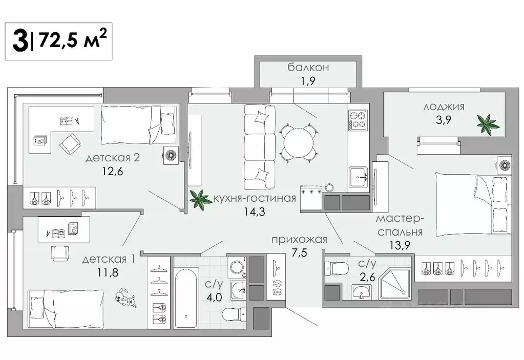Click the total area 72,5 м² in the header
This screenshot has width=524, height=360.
coord(72,40)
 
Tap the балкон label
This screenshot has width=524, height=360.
coord(308,67)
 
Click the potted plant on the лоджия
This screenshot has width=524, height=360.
coord(487,124)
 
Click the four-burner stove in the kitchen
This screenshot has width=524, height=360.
coord(358,120)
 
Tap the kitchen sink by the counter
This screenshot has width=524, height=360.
coord(359,177)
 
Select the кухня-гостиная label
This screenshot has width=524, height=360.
coord(255,198)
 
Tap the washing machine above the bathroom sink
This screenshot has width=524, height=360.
coord(237,267)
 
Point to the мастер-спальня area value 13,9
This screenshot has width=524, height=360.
coord(400,245)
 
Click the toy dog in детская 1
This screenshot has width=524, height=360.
coord(125,299)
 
